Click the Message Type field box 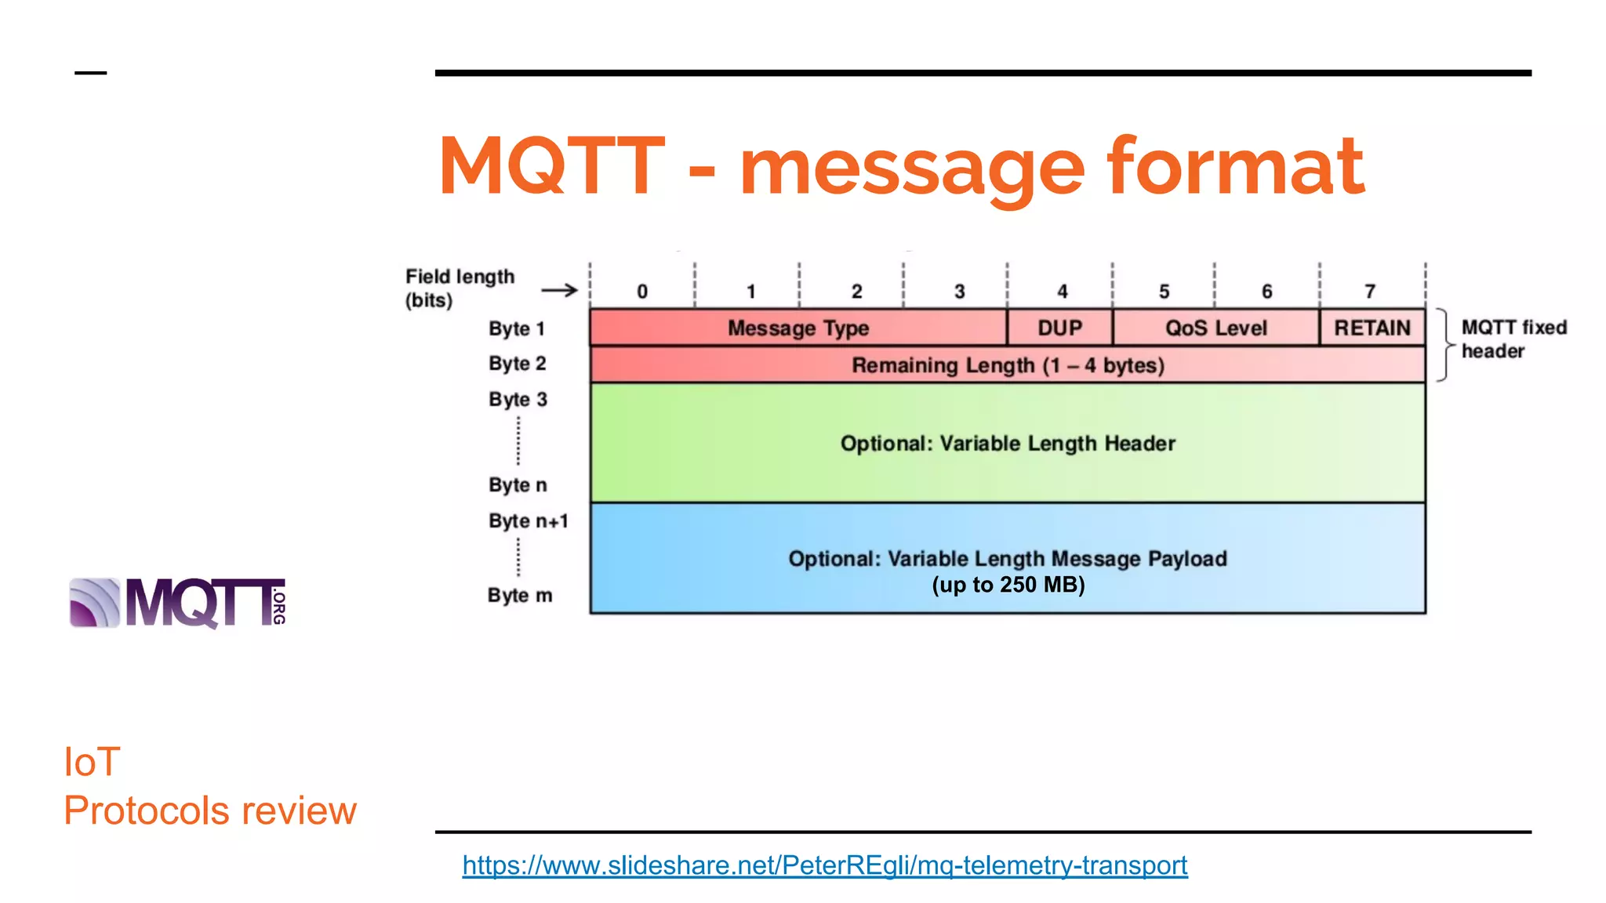[x=798, y=328]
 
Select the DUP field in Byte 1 [x=1059, y=328]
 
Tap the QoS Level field [x=1215, y=328]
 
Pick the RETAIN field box [x=1372, y=328]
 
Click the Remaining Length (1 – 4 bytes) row [x=1008, y=365]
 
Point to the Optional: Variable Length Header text [x=1008, y=444]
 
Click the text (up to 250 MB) [x=1008, y=585]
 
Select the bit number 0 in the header [x=642, y=292]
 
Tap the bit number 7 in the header [x=1370, y=292]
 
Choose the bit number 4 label [x=1062, y=292]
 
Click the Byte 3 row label [x=518, y=399]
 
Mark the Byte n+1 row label [x=528, y=521]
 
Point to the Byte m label [x=519, y=596]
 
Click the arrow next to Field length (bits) [x=559, y=291]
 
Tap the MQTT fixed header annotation [x=1513, y=339]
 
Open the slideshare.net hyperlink [x=824, y=865]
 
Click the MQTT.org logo [x=178, y=603]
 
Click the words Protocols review [x=209, y=811]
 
